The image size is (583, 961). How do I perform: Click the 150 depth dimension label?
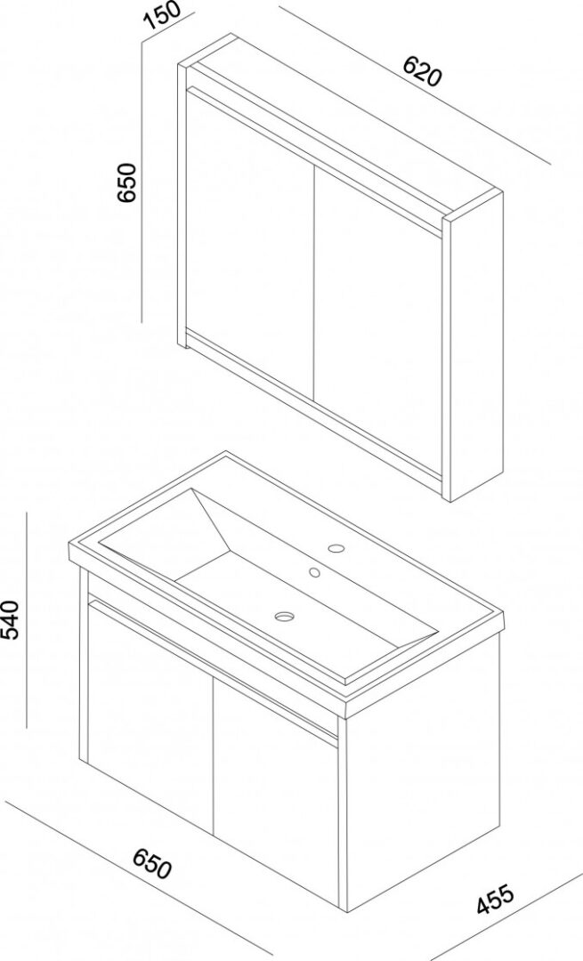163,16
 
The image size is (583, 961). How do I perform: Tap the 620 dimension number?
422,71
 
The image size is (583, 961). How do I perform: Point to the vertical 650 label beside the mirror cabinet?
126,182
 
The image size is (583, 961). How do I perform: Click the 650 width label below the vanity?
152,863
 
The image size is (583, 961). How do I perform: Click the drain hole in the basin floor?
285,616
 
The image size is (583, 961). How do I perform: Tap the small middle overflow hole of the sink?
314,572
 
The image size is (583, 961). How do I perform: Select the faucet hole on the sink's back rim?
336,547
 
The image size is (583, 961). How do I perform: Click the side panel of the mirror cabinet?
476,350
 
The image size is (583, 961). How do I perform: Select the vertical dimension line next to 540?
28,620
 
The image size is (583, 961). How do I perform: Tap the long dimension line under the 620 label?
415,85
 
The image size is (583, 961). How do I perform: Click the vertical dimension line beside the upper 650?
142,181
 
